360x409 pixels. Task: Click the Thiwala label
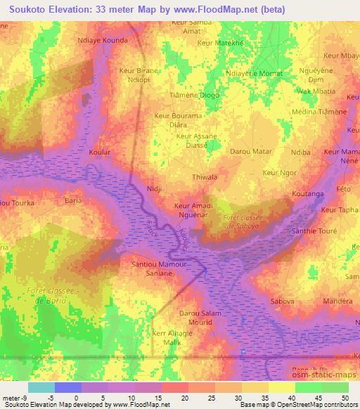pyautogui.click(x=205, y=178)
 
